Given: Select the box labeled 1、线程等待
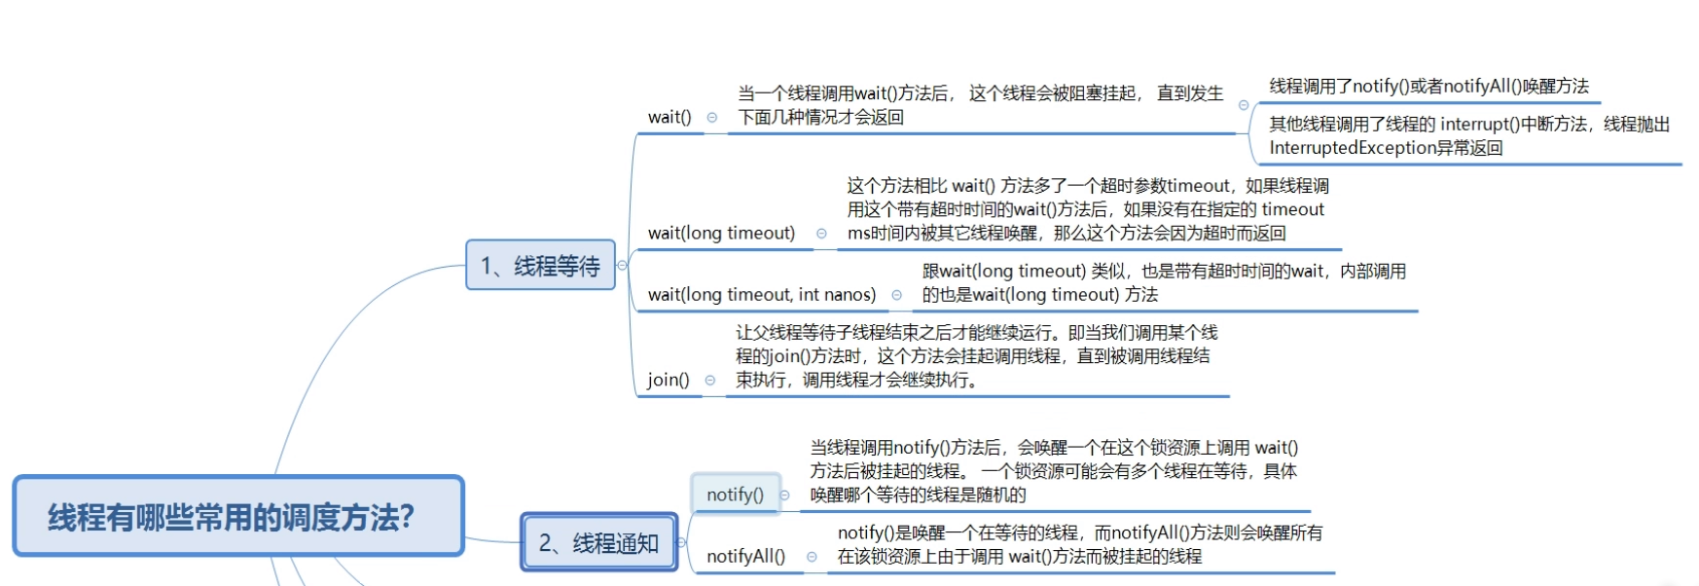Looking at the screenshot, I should click(x=540, y=266).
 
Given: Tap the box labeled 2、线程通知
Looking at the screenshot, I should click(x=598, y=542).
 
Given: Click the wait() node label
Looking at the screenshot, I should click(x=669, y=117).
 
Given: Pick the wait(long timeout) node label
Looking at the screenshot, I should click(x=721, y=233).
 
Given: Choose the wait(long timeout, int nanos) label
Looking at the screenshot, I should click(x=761, y=294).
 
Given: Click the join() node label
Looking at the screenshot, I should click(x=669, y=380).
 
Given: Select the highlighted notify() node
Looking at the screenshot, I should click(x=735, y=494).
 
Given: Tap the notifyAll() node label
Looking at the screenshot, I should click(x=745, y=556).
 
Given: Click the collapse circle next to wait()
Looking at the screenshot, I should click(x=712, y=118).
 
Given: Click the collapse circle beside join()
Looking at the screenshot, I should click(x=710, y=381).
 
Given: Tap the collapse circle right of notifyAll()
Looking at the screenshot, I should click(x=812, y=557).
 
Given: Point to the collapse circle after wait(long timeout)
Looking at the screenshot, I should click(x=821, y=234).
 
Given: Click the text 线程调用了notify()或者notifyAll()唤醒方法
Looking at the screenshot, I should click(x=1428, y=87).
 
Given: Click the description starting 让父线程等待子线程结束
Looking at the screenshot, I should click(x=976, y=356).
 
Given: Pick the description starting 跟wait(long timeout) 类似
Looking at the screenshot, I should click(x=1163, y=282).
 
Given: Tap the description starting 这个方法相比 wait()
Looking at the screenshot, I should click(x=1087, y=209).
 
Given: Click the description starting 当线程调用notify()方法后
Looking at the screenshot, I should click(x=1053, y=471).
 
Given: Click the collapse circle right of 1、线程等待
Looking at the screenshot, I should click(x=622, y=265).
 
